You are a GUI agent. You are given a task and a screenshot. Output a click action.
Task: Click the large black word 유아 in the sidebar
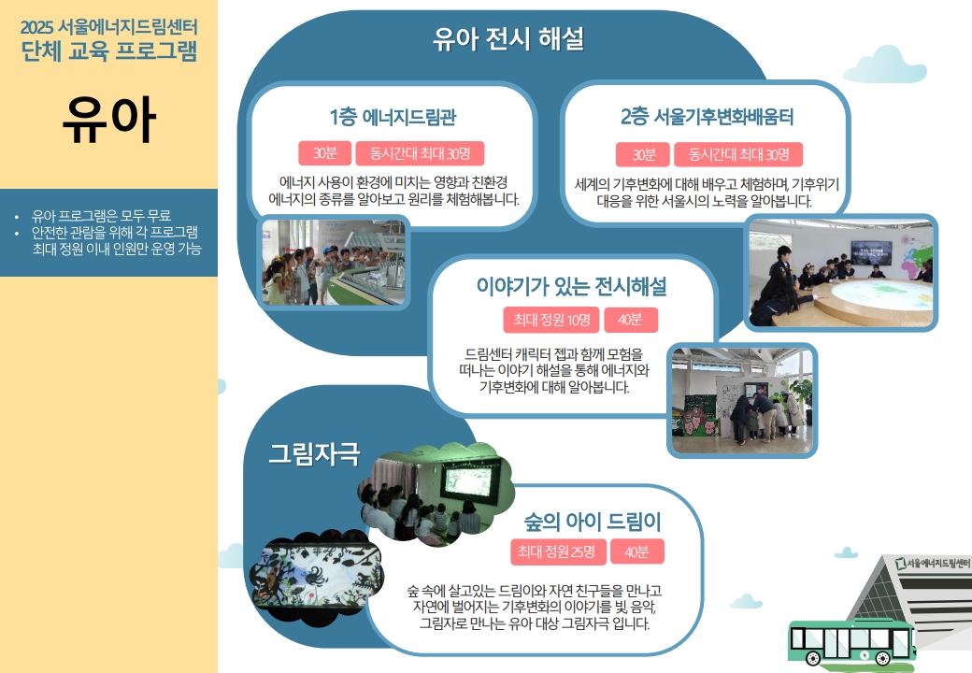pyautogui.click(x=109, y=120)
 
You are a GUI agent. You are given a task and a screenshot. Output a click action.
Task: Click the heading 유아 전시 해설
pyautogui.click(x=508, y=39)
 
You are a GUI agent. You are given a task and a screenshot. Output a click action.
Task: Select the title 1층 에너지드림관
pyautogui.click(x=393, y=117)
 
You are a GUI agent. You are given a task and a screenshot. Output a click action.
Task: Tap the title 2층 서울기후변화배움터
pyautogui.click(x=708, y=117)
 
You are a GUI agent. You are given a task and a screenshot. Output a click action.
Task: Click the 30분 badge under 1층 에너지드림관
pyautogui.click(x=325, y=153)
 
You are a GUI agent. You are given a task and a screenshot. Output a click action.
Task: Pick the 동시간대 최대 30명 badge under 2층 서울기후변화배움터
pyautogui.click(x=738, y=154)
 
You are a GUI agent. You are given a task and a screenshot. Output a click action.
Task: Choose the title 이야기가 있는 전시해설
pyautogui.click(x=572, y=286)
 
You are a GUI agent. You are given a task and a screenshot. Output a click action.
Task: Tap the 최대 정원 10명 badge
pyautogui.click(x=551, y=320)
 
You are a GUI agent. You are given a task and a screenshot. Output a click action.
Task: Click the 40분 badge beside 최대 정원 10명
pyautogui.click(x=631, y=320)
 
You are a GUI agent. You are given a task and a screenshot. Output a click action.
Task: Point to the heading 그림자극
pyautogui.click(x=314, y=453)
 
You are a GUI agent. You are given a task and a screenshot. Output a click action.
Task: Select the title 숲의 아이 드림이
pyautogui.click(x=593, y=522)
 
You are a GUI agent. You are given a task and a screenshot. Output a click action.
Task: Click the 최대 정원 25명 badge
pyautogui.click(x=557, y=551)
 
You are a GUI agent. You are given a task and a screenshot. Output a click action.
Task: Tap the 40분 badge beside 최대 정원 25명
pyautogui.click(x=637, y=551)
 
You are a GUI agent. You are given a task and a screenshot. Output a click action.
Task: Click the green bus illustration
pyautogui.click(x=851, y=641)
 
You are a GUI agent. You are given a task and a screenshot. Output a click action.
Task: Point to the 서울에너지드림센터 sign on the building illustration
pyautogui.click(x=933, y=564)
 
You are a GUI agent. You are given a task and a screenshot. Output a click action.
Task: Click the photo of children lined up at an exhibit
pyautogui.click(x=335, y=262)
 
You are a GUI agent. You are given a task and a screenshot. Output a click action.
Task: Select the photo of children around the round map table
pyautogui.click(x=840, y=273)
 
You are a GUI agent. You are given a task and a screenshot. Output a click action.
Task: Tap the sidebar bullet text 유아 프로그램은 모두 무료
pyautogui.click(x=102, y=216)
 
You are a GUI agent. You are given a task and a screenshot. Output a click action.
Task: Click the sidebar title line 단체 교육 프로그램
pyautogui.click(x=109, y=50)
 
